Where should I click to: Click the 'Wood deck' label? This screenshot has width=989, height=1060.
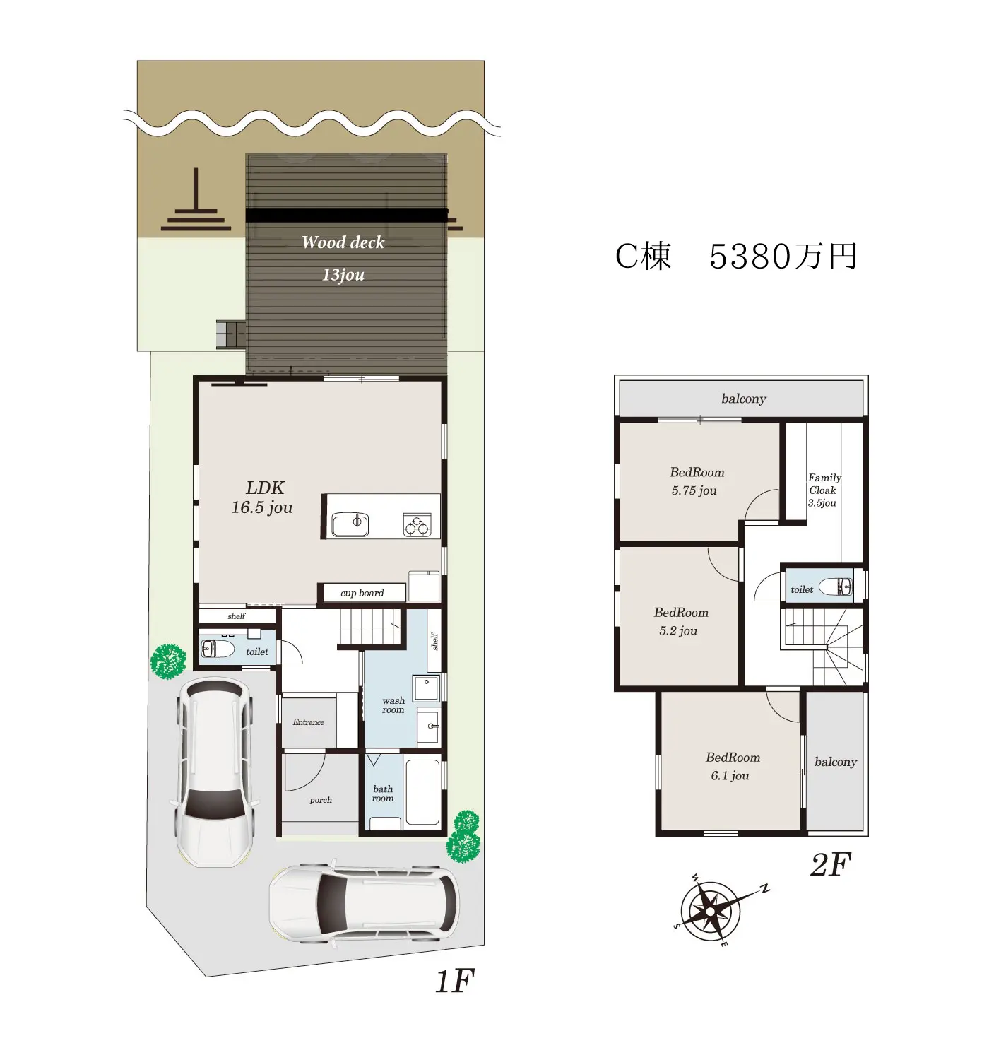click(343, 242)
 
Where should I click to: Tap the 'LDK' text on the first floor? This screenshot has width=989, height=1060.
click(265, 488)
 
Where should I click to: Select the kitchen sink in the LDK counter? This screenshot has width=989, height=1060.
click(350, 524)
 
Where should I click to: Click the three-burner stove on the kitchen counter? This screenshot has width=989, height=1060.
click(416, 524)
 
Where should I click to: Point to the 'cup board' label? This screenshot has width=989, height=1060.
click(362, 592)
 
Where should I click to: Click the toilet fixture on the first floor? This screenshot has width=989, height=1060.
click(218, 649)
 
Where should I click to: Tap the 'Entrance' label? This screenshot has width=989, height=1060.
click(308, 722)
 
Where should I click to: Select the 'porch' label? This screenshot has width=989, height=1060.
click(320, 799)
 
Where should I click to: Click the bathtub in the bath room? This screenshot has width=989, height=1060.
click(422, 792)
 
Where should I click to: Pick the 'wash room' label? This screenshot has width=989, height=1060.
click(393, 705)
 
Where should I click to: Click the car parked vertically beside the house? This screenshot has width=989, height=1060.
click(215, 771)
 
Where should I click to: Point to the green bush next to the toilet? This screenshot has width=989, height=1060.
click(168, 661)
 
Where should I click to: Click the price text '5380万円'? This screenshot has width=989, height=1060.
click(783, 257)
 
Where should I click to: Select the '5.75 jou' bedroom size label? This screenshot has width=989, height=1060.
click(693, 490)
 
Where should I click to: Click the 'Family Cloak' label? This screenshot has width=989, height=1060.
click(824, 483)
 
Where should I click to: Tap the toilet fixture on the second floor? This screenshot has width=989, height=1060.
click(835, 586)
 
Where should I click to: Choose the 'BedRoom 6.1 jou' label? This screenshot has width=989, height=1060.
click(732, 766)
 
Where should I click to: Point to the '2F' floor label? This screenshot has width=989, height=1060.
click(830, 865)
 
